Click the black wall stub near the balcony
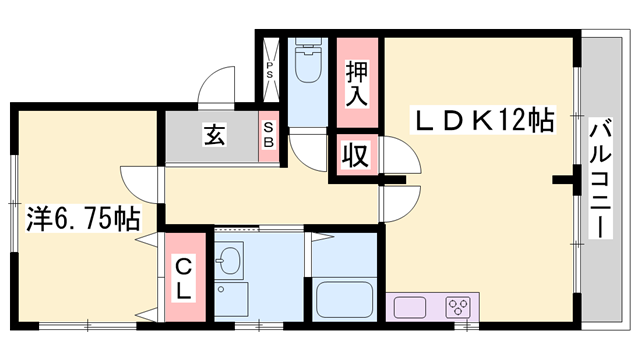pyautogui.click(x=567, y=181)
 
